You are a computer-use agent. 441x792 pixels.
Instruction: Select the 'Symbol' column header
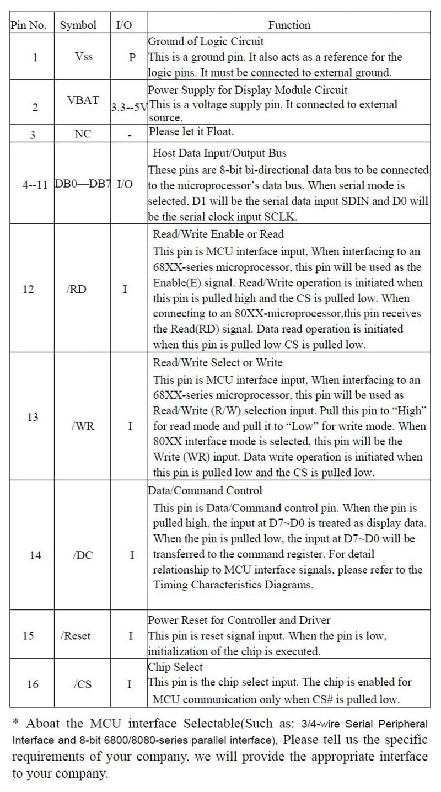pos(78,25)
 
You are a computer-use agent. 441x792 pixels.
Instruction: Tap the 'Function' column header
pos(289,25)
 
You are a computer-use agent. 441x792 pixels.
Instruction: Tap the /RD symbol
pos(78,290)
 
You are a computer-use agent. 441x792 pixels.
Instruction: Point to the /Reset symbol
pos(76,635)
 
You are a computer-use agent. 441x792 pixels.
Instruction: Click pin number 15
pos(28,635)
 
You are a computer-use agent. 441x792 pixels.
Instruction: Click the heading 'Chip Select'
pos(175,667)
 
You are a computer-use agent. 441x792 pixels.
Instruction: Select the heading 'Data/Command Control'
pos(205,490)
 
